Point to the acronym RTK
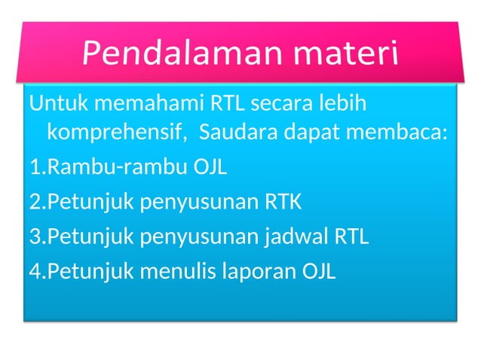coord(283,202)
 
